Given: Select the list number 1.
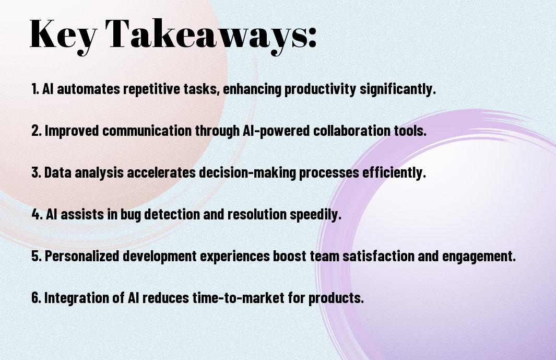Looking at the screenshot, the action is click(35, 89).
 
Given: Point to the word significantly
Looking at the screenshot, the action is click(398, 89).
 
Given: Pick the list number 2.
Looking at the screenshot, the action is click(36, 131).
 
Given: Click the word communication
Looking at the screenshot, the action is click(147, 131).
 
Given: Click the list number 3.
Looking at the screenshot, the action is click(36, 172).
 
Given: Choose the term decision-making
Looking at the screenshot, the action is click(247, 172).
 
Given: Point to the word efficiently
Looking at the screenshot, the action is click(394, 172).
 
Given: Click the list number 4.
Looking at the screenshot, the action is click(37, 214).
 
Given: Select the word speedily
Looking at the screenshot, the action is click(315, 214).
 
